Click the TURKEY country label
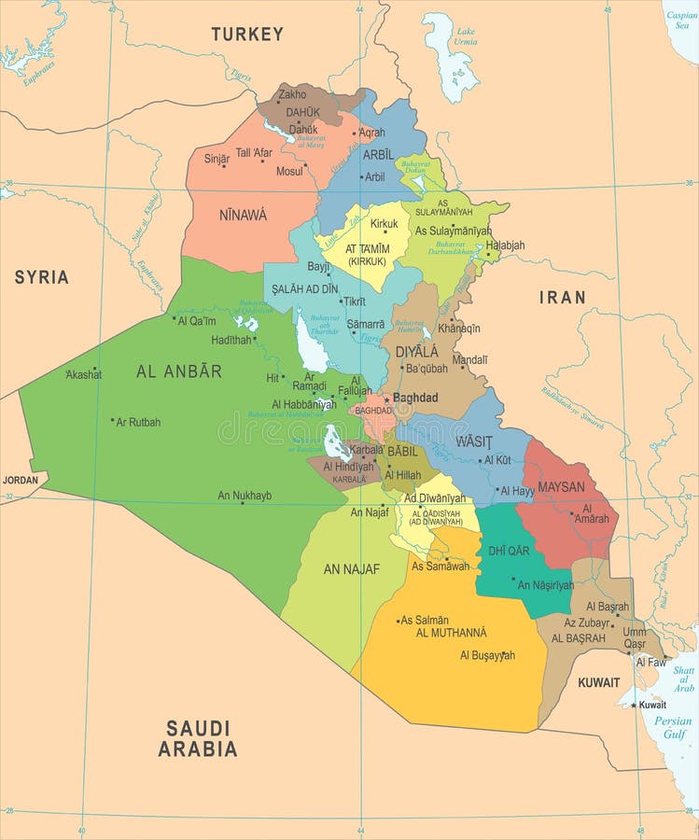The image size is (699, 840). click(x=246, y=35)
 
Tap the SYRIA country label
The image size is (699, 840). click(x=41, y=277)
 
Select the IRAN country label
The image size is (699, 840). click(x=563, y=298)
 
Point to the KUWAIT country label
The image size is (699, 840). click(x=598, y=682)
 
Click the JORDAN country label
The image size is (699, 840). click(x=21, y=480)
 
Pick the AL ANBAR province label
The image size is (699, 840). click(x=179, y=371)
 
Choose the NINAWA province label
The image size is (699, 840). click(x=243, y=216)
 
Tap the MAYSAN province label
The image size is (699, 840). click(x=561, y=486)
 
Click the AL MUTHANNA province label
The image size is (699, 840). click(x=451, y=633)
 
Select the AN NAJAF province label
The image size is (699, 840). click(x=352, y=569)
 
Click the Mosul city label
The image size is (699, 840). click(x=289, y=172)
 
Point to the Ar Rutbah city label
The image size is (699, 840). click(x=138, y=422)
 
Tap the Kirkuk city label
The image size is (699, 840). click(x=384, y=224)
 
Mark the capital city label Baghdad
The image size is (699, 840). click(x=415, y=398)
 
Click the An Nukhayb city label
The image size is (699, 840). click(x=245, y=496)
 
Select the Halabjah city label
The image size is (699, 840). click(x=505, y=245)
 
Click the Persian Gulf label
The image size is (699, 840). click(x=672, y=727)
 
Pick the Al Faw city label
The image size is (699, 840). click(x=651, y=662)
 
